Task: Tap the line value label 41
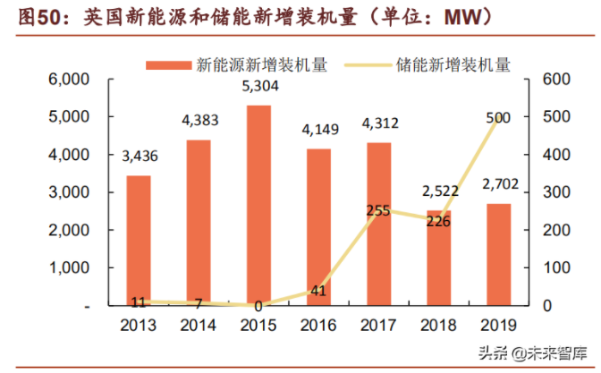click(318, 290)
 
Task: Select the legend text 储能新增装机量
click(453, 64)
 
